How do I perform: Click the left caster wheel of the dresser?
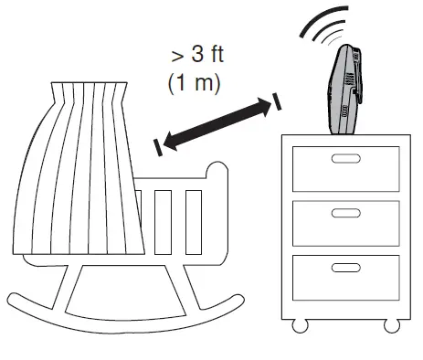click(x=299, y=324)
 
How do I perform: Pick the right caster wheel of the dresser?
click(x=392, y=324)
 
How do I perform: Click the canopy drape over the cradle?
click(x=78, y=174)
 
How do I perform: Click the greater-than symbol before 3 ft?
click(x=176, y=56)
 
